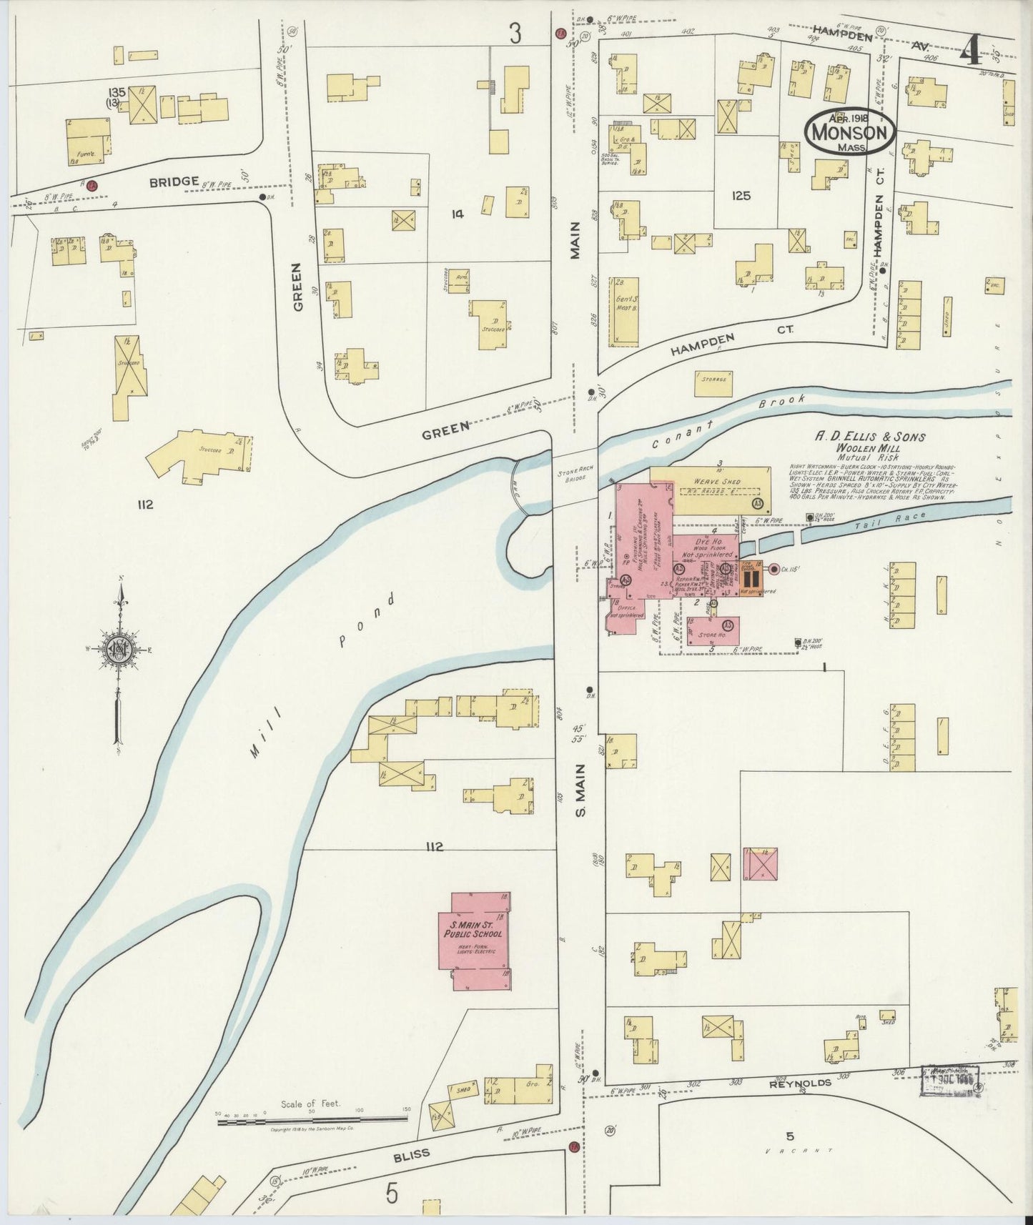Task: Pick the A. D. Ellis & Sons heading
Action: click(x=871, y=437)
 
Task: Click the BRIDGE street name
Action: click(x=174, y=182)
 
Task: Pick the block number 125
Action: click(x=741, y=194)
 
